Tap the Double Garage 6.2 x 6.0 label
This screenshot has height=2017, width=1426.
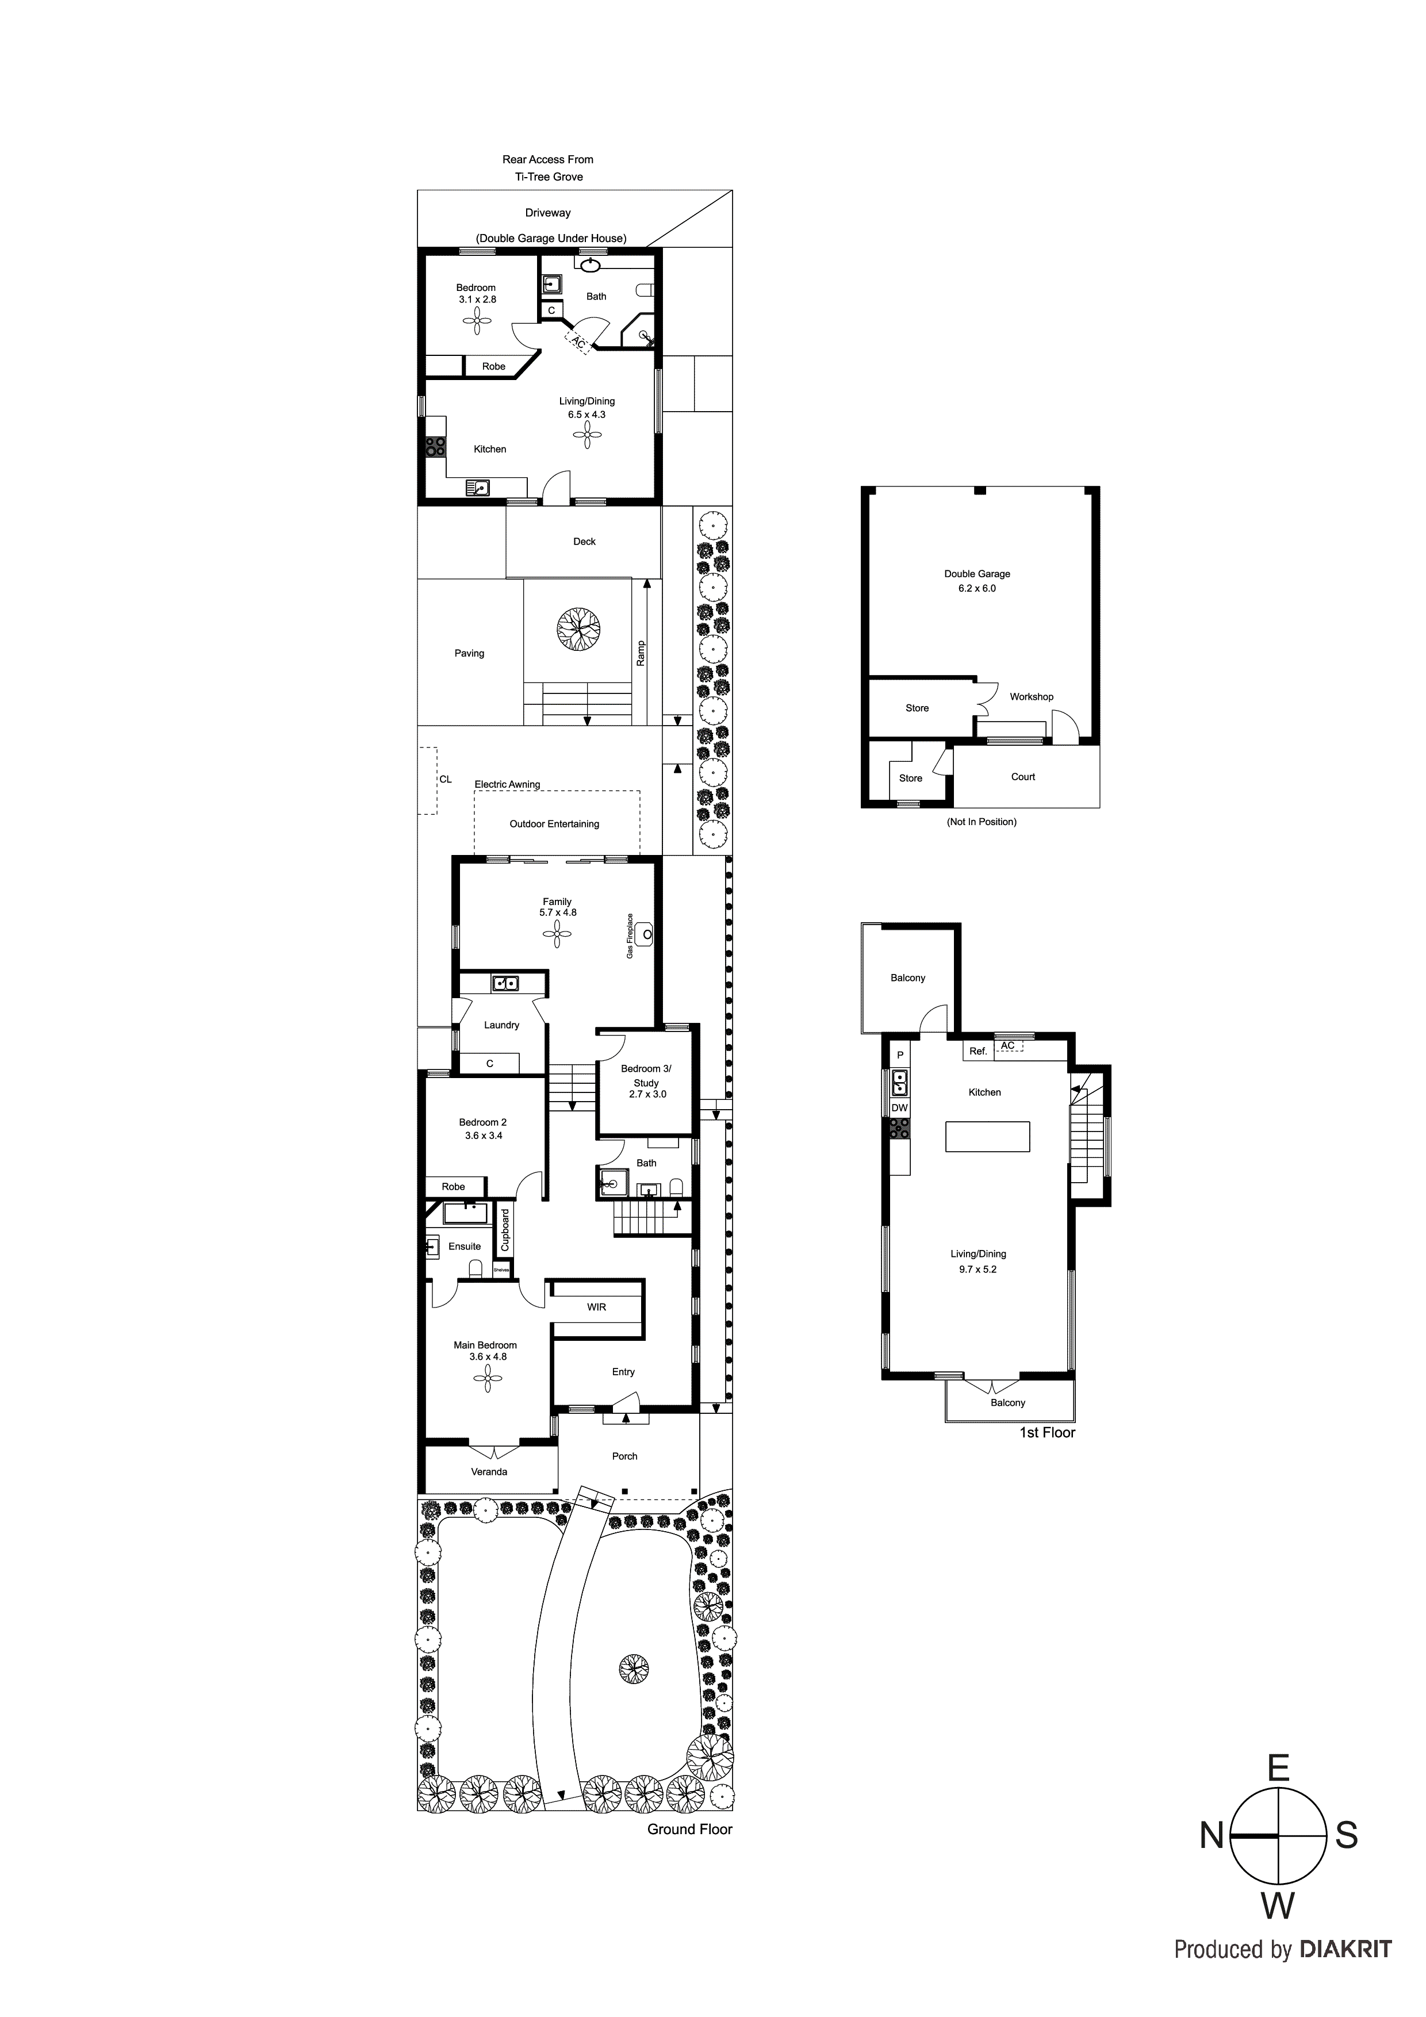point(977,581)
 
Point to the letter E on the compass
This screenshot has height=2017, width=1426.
point(1278,1767)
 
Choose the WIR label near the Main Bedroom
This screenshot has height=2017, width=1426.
point(597,1307)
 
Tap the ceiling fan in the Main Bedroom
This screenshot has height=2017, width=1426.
point(487,1379)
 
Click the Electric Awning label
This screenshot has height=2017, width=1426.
point(507,784)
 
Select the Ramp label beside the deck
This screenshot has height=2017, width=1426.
point(641,653)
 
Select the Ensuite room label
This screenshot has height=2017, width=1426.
point(465,1246)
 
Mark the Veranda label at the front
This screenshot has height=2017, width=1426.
point(489,1471)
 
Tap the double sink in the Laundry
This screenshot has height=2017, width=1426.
point(505,983)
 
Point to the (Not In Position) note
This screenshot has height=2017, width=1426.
point(982,822)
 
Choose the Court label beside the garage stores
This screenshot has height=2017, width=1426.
point(1023,777)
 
